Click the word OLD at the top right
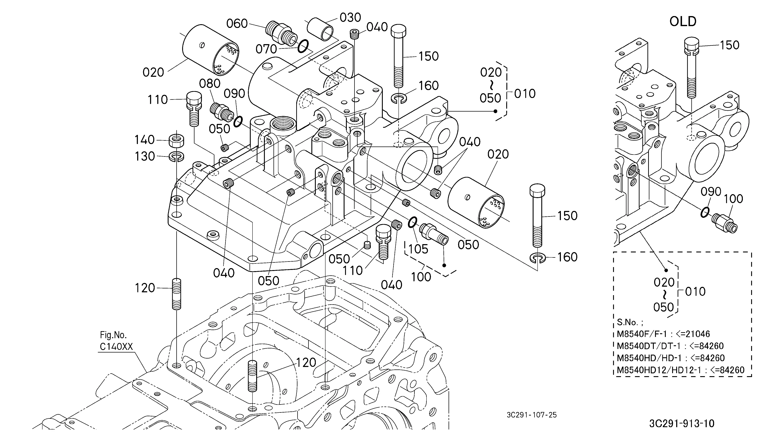[x=683, y=21]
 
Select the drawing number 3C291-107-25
[x=531, y=415]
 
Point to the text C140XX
[x=116, y=347]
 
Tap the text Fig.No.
[x=113, y=335]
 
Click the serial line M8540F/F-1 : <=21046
[x=663, y=334]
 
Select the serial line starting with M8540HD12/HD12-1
[x=680, y=370]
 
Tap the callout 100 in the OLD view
[x=733, y=199]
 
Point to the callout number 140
[x=144, y=140]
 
